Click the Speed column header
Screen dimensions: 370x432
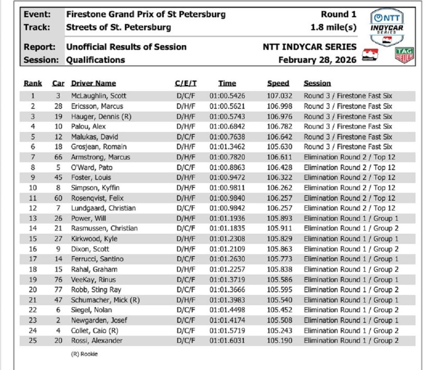pyautogui.click(x=278, y=84)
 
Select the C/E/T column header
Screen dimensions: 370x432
pyautogui.click(x=186, y=84)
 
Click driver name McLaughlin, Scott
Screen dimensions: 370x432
pyautogui.click(x=98, y=96)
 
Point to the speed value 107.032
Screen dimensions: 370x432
pyautogui.click(x=280, y=96)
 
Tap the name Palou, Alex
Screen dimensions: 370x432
pyautogui.click(x=88, y=127)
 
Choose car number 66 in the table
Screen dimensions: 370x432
pyautogui.click(x=58, y=157)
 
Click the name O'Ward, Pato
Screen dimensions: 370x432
pyautogui.click(x=92, y=167)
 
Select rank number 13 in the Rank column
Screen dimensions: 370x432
pyautogui.click(x=32, y=219)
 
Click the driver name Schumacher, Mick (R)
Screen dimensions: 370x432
pyautogui.click(x=105, y=300)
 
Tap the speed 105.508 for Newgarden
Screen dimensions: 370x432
pyautogui.click(x=280, y=320)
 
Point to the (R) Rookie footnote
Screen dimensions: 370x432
pyautogui.click(x=84, y=354)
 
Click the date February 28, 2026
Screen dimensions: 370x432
pyautogui.click(x=317, y=60)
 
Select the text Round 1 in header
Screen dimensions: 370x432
pyautogui.click(x=338, y=14)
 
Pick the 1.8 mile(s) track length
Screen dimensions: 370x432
pyautogui.click(x=333, y=27)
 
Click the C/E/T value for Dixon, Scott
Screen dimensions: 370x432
pyautogui.click(x=186, y=249)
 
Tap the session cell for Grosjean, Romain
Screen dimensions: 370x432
pyautogui.click(x=348, y=147)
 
